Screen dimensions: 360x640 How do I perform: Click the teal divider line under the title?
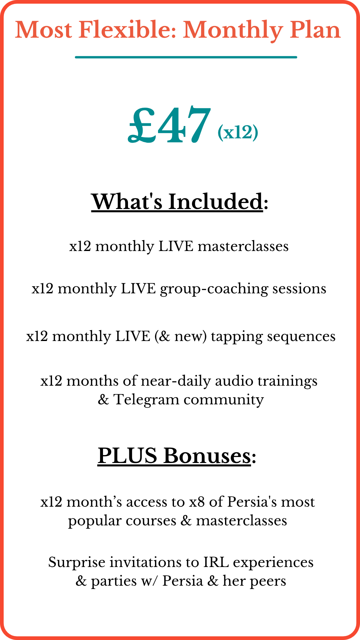tap(186, 57)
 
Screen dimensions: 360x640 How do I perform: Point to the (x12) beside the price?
tap(238, 132)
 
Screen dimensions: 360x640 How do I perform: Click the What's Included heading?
tap(180, 202)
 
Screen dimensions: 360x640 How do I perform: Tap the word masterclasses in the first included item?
tap(243, 246)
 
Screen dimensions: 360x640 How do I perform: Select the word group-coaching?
tap(214, 289)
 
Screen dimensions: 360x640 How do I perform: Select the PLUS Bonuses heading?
tap(177, 456)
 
